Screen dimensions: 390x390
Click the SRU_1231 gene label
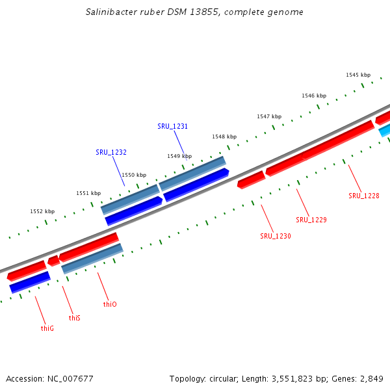(x=172, y=126)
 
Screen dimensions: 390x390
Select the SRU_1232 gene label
(x=110, y=152)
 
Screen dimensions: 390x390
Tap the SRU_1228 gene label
(x=363, y=196)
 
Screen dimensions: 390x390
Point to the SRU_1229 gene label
(x=311, y=220)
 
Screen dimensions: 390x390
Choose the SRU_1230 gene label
(x=276, y=236)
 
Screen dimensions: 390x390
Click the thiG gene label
(x=47, y=328)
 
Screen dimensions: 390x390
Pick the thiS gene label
(x=75, y=318)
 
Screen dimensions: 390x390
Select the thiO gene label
(x=110, y=304)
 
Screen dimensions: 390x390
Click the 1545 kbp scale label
(x=358, y=75)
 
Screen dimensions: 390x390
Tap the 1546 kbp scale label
(x=313, y=96)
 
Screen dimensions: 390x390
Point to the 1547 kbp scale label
(x=269, y=116)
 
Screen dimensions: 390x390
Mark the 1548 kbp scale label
(x=224, y=136)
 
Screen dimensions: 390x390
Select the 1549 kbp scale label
(x=179, y=156)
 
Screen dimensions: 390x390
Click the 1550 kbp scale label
(x=134, y=175)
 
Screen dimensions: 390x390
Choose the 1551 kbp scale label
(x=88, y=193)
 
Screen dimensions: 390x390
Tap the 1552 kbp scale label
(x=42, y=211)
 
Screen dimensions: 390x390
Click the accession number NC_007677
(x=71, y=378)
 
